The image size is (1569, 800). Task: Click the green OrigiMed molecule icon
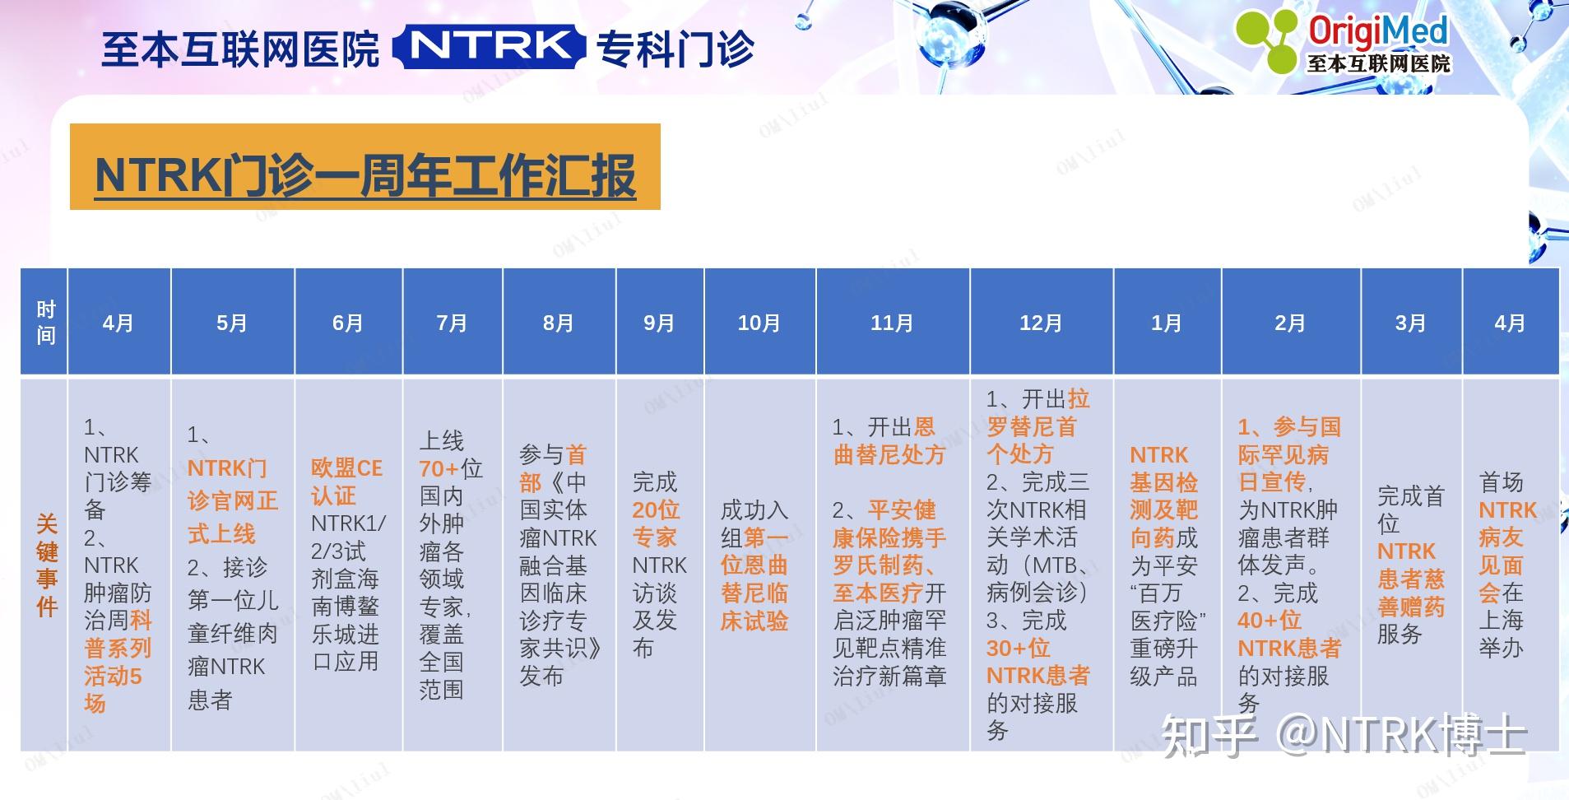click(1267, 41)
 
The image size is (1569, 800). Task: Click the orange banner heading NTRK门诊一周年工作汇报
click(365, 174)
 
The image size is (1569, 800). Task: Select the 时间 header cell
click(46, 323)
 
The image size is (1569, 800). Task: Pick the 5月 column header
click(232, 323)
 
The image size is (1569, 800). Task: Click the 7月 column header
click(452, 323)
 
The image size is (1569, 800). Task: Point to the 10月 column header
click(759, 323)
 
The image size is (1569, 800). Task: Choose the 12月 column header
click(1041, 323)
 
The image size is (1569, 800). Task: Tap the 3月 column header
click(1410, 323)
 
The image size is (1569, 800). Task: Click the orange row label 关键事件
click(47, 565)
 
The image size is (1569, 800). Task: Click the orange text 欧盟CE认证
click(346, 481)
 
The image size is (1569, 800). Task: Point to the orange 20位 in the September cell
click(656, 510)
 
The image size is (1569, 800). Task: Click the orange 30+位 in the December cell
click(1019, 649)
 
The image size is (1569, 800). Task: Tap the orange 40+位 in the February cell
click(1270, 621)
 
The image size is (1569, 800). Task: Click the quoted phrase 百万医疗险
click(1167, 607)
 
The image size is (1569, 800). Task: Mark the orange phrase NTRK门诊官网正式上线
click(232, 500)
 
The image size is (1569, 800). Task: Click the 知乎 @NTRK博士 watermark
click(1343, 735)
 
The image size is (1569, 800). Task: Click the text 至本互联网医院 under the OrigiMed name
click(1379, 63)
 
